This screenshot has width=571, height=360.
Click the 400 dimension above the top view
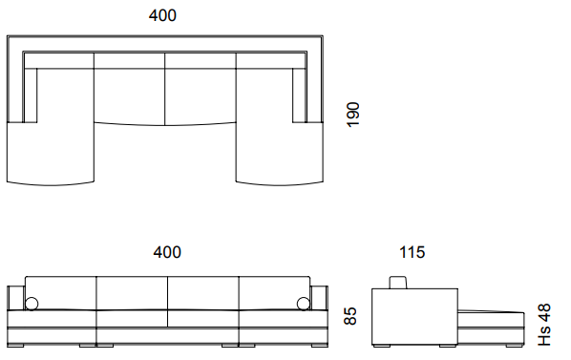162,15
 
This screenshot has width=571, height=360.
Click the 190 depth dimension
352,115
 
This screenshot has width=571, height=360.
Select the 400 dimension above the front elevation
167,252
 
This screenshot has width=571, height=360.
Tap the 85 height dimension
350,315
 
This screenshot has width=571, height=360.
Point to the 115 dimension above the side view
412,252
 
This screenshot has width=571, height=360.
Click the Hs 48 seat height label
544,325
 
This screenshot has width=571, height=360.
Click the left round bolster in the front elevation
32,304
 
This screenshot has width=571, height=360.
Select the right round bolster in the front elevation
304,304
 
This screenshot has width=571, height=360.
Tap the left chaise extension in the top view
51,153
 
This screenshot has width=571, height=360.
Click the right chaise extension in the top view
280,153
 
